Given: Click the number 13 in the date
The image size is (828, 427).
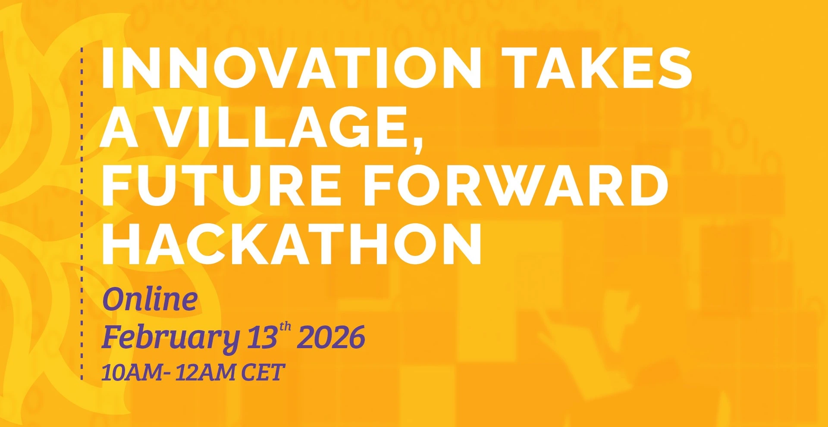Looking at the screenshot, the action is click(x=262, y=337).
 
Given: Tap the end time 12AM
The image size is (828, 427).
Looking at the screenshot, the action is click(x=206, y=372).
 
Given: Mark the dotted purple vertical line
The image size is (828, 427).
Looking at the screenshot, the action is click(x=82, y=214).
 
